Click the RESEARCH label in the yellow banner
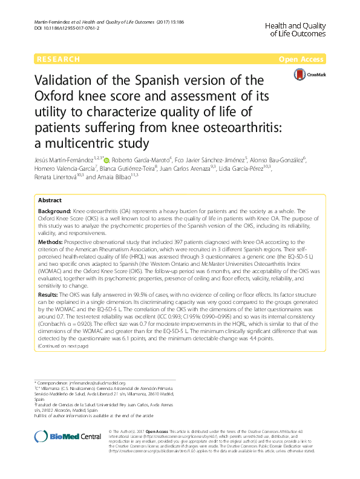coord(58,59)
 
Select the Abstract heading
coord(50,200)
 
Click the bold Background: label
coord(54,211)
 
